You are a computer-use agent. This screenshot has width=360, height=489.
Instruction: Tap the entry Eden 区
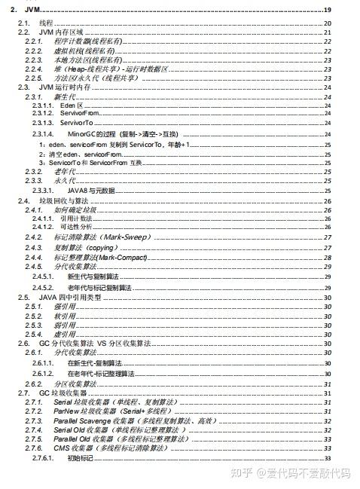coord(72,105)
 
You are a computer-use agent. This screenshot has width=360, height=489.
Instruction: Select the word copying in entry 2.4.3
coord(103,246)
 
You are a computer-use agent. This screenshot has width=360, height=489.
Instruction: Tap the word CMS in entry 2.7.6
coord(62,448)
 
